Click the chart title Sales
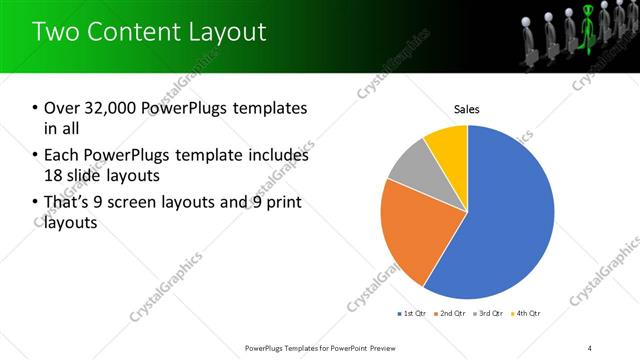click(467, 108)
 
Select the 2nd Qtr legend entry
click(451, 314)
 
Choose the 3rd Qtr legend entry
click(489, 314)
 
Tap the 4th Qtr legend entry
click(527, 314)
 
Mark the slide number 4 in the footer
click(591, 348)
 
